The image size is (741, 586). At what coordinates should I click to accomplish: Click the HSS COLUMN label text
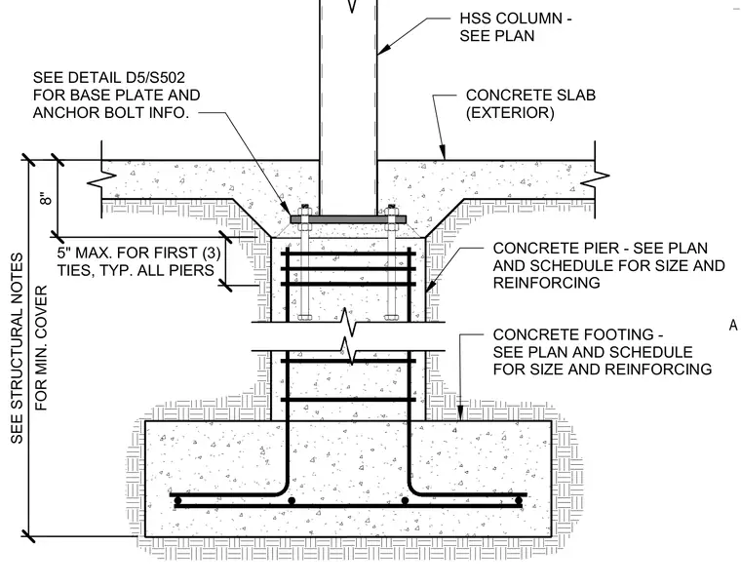[x=516, y=27]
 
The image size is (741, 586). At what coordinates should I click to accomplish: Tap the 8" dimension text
[x=46, y=199]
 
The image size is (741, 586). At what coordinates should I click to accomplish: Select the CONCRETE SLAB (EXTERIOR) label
[x=530, y=104]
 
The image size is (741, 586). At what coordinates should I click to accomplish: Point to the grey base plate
[x=348, y=219]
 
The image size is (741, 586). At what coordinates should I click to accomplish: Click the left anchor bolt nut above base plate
[x=305, y=211]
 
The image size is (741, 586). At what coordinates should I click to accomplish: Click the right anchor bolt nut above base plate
[x=391, y=211]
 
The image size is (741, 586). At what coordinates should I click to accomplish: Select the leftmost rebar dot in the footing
[x=177, y=500]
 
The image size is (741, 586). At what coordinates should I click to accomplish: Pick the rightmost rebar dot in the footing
[x=519, y=500]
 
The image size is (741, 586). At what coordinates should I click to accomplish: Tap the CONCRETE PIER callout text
[x=608, y=265]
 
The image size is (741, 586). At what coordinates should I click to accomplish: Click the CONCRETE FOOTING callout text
[x=603, y=352]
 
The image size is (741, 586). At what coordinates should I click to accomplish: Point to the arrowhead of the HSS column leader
[x=383, y=48]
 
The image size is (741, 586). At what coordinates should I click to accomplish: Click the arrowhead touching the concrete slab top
[x=443, y=153]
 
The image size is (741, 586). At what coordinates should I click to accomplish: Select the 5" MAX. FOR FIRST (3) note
[x=138, y=261]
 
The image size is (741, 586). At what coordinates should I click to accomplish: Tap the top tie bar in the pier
[x=348, y=254]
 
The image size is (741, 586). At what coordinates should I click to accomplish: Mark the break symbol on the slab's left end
[x=102, y=179]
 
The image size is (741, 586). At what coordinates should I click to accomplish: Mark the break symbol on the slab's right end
[x=595, y=179]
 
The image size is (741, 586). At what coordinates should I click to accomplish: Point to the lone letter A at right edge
[x=733, y=325]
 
